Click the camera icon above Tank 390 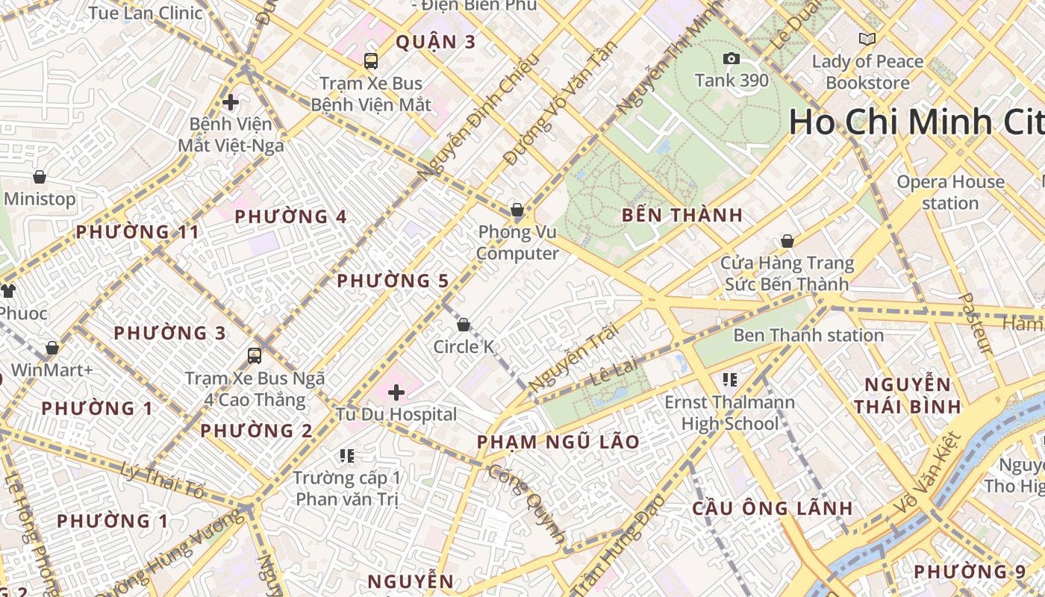[x=731, y=59]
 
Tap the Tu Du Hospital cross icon [x=396, y=393]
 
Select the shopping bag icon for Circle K [x=464, y=325]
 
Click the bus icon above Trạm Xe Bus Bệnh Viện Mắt [x=371, y=61]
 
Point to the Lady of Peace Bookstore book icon [x=867, y=39]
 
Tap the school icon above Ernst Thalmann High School [x=730, y=380]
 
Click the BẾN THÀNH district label [x=682, y=216]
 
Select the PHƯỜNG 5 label [x=393, y=281]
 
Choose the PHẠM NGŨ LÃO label [x=558, y=442]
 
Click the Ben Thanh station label [x=808, y=335]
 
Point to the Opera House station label [x=950, y=193]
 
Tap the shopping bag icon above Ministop [x=40, y=177]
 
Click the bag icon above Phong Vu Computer [x=517, y=210]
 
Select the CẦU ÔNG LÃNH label [x=773, y=508]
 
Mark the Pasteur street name [x=975, y=323]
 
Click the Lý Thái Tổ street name [x=163, y=481]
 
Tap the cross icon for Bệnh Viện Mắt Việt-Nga [x=231, y=101]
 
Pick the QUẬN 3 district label [x=435, y=42]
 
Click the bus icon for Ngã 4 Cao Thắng [x=255, y=356]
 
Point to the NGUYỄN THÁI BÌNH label [x=908, y=396]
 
